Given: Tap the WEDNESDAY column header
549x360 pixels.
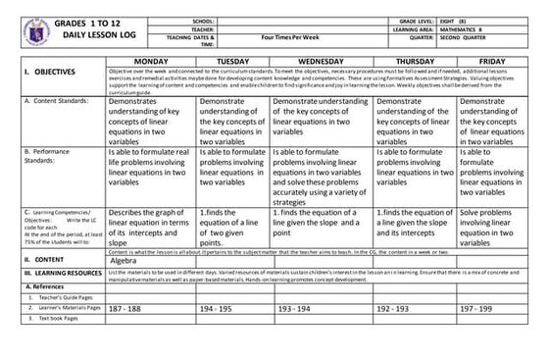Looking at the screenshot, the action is tap(320, 61).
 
